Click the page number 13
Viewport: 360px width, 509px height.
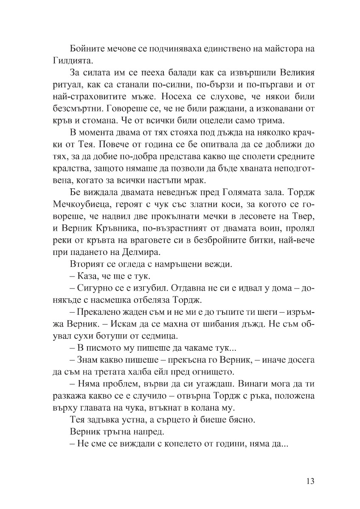click(309, 481)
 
